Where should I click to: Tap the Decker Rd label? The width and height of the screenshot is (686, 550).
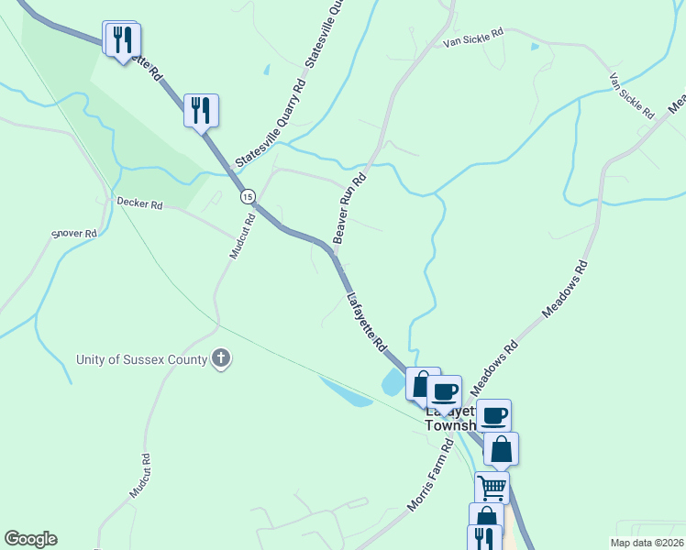tap(139, 203)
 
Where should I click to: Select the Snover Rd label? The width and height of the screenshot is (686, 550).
tap(73, 234)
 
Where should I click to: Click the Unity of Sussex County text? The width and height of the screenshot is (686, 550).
tap(142, 359)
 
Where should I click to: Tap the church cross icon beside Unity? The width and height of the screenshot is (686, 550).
tap(221, 358)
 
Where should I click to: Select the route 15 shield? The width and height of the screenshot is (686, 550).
tap(248, 196)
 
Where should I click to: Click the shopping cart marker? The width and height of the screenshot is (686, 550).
tap(492, 486)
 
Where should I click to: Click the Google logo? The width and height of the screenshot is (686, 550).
tap(30, 539)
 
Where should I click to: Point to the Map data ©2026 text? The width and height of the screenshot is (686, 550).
tap(647, 543)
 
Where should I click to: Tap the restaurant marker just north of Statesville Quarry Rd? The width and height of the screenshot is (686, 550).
tap(201, 110)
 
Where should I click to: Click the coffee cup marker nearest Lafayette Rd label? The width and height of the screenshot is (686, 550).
tap(444, 391)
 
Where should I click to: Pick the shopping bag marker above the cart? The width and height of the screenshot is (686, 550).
tap(501, 449)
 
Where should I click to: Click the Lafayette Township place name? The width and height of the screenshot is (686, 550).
tap(449, 418)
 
